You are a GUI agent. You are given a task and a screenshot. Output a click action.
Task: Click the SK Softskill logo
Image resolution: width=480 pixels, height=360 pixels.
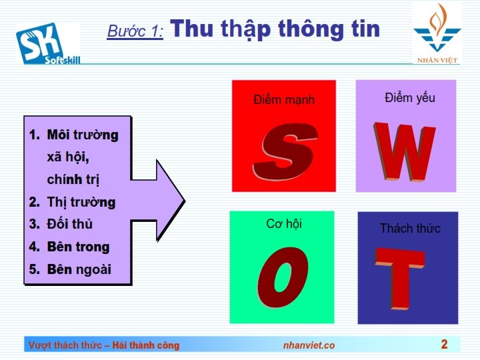click(x=48, y=43)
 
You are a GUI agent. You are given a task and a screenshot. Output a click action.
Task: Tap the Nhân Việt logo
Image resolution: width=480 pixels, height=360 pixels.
click(x=437, y=34)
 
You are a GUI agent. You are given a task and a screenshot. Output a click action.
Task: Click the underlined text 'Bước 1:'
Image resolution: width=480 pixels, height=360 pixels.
click(x=135, y=31)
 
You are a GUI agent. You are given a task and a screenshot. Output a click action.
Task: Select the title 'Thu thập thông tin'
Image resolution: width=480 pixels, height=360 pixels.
click(x=275, y=29)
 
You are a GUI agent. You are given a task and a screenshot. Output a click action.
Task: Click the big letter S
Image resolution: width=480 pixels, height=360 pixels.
click(x=285, y=151)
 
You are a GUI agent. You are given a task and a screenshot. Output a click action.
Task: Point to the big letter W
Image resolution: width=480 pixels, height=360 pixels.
click(x=404, y=151)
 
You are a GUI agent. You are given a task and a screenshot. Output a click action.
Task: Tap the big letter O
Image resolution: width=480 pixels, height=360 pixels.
click(x=282, y=277)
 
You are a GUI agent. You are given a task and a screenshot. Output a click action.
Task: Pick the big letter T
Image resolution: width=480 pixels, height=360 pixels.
click(x=401, y=279)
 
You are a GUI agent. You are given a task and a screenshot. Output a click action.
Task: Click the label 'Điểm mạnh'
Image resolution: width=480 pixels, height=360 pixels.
click(x=284, y=100)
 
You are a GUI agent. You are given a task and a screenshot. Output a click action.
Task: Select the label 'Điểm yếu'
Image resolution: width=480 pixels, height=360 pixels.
click(x=409, y=98)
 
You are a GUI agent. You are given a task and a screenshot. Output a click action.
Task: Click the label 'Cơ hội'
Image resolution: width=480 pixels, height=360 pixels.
click(x=284, y=224)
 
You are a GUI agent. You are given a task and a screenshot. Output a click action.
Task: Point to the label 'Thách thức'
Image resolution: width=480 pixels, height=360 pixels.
click(x=410, y=228)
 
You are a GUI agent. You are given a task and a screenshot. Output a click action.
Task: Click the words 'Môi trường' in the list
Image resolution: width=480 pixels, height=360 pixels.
click(x=83, y=135)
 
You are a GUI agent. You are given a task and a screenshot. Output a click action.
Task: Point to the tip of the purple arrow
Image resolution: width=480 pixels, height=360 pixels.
click(x=185, y=201)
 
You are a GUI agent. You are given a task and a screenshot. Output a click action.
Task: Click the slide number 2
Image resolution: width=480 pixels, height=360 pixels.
click(x=444, y=344)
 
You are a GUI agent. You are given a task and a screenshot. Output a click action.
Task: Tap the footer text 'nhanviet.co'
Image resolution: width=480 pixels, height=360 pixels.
click(x=309, y=345)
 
